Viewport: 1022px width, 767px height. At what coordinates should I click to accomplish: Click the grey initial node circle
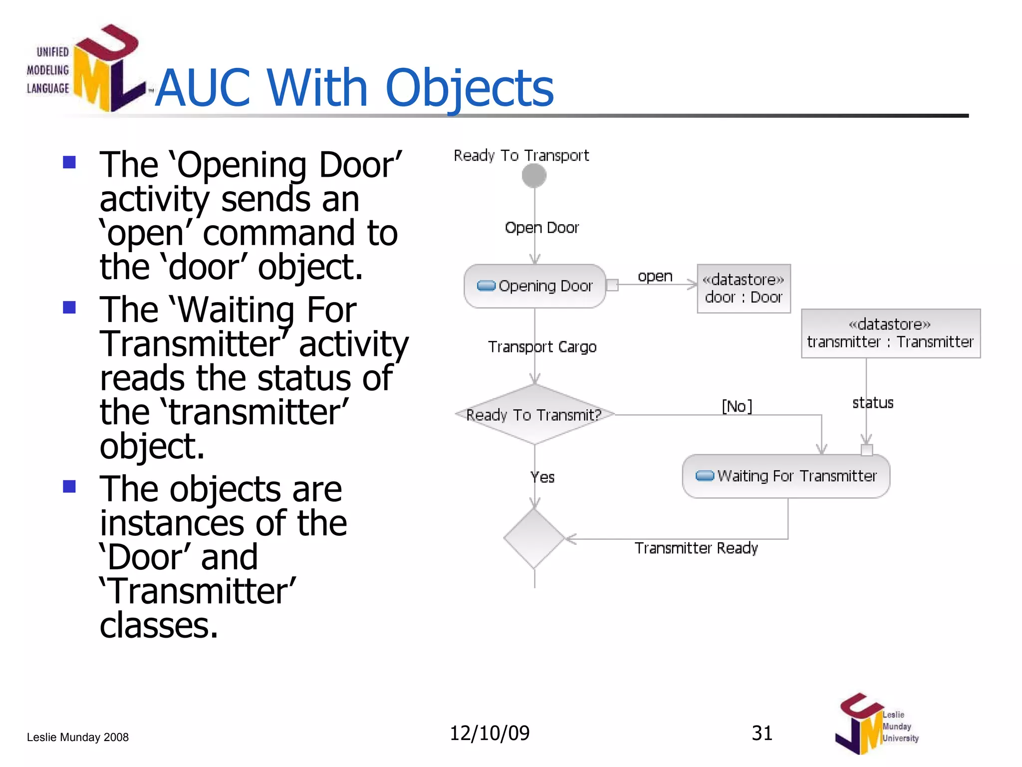(534, 176)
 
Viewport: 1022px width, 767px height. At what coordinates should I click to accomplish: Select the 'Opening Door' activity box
(534, 286)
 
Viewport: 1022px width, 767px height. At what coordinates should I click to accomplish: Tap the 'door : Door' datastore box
(744, 289)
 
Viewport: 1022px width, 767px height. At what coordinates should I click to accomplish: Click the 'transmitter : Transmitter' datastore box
(890, 334)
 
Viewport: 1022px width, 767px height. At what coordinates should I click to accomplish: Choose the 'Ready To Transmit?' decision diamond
(534, 414)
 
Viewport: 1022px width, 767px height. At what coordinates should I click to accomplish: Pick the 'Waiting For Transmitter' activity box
(786, 476)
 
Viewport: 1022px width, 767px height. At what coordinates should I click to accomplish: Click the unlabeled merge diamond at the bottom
(534, 539)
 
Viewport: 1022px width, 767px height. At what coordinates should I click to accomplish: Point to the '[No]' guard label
(737, 406)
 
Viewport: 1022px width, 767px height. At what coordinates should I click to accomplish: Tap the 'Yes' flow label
(542, 477)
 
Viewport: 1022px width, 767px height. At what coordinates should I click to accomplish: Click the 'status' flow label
(873, 403)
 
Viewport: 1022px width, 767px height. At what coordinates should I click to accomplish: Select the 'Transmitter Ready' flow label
(696, 548)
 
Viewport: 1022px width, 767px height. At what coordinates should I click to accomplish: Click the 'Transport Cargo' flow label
(542, 347)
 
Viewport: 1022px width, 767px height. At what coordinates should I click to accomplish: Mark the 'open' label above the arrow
(655, 276)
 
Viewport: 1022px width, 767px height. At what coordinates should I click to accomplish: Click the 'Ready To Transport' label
(521, 155)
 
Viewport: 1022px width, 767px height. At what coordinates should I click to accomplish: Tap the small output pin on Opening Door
(612, 285)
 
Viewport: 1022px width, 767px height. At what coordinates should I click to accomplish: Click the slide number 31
(762, 733)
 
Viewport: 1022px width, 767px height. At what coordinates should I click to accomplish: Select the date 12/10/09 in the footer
(490, 733)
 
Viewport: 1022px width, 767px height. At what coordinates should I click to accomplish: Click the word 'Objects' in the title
(469, 88)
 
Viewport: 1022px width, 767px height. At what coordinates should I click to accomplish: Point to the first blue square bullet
(69, 162)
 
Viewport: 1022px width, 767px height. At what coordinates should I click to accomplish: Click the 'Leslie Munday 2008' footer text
(78, 737)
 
